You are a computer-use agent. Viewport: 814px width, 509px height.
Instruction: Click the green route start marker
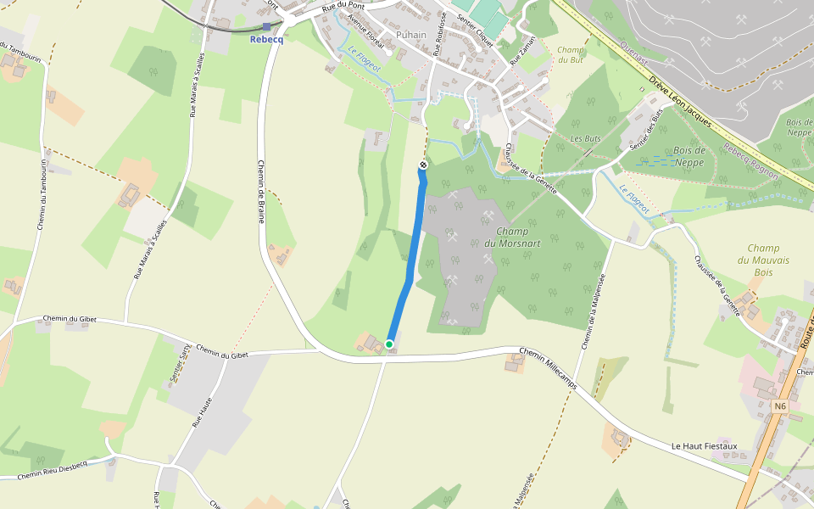click(389, 344)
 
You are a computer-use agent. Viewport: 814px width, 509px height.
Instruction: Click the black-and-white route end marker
click(423, 164)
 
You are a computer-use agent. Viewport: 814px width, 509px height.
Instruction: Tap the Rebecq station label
click(265, 39)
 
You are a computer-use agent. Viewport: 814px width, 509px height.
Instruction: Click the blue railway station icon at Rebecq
click(266, 27)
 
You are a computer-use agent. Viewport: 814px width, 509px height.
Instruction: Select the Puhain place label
click(411, 35)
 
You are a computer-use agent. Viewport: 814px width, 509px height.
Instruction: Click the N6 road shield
click(780, 406)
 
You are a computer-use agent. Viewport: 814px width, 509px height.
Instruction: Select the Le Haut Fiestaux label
click(704, 445)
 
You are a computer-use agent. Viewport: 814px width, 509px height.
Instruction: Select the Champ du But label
click(571, 54)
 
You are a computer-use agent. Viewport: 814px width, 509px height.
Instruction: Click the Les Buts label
click(585, 138)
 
